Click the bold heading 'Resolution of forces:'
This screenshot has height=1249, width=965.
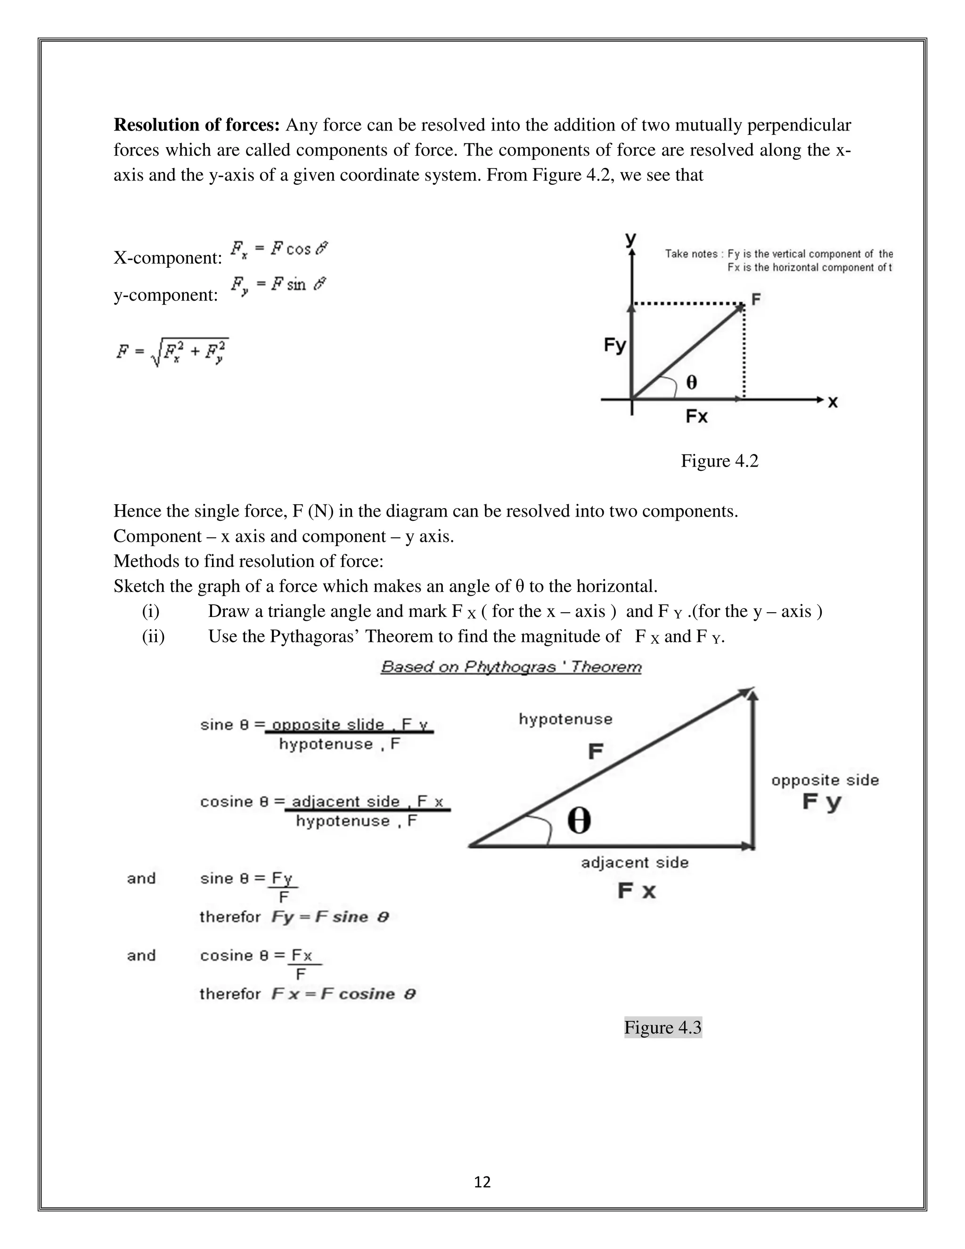pos(196,125)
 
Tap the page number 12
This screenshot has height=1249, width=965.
pos(482,1182)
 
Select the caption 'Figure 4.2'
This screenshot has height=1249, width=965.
pos(719,461)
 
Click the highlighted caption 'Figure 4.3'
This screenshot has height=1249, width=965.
pos(662,1027)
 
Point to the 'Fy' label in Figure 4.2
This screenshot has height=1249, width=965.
pos(615,345)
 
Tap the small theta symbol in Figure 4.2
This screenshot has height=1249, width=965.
pos(691,383)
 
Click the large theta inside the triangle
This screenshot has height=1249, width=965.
pos(579,822)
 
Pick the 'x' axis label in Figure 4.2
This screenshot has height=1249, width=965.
pos(833,402)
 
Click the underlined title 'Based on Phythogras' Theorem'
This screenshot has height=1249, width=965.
pos(511,667)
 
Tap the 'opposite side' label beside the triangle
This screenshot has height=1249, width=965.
pos(825,780)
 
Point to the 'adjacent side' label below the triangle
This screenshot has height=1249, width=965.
pos(635,863)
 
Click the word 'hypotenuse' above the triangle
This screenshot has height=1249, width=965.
pos(565,719)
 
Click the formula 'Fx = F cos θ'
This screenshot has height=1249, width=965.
pos(279,249)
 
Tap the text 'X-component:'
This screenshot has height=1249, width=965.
pos(167,258)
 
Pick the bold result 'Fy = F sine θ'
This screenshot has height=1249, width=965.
pos(330,917)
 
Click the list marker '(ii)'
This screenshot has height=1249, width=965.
pos(153,636)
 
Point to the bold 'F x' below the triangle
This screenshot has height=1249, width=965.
pos(636,891)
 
